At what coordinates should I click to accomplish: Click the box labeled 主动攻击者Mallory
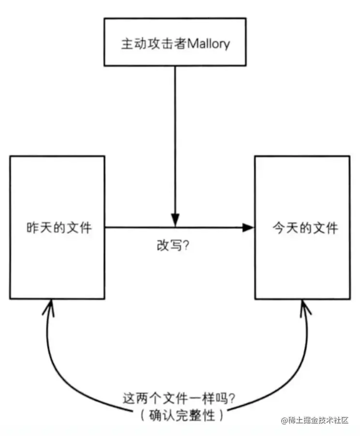(x=175, y=43)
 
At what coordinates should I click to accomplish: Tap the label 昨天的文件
(x=59, y=227)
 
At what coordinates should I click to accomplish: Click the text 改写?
(x=172, y=246)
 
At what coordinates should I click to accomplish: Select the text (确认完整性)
(x=180, y=415)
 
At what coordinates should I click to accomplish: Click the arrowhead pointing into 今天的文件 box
(x=248, y=227)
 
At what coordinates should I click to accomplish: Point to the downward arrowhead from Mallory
(x=175, y=220)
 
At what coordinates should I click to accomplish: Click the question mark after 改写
(x=185, y=246)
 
